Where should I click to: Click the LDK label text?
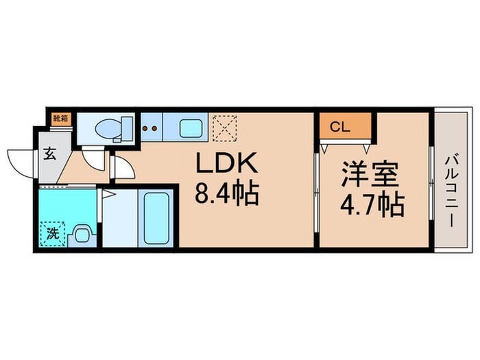tap(227, 165)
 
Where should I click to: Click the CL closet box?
tap(345, 127)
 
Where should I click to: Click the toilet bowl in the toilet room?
tap(106, 128)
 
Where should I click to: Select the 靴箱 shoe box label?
tap(60, 117)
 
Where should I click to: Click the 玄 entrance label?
tap(50, 153)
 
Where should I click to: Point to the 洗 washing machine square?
tap(52, 233)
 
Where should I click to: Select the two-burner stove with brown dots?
tap(150, 127)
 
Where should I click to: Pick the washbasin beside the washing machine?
tap(81, 235)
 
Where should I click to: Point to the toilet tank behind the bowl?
tap(127, 128)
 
